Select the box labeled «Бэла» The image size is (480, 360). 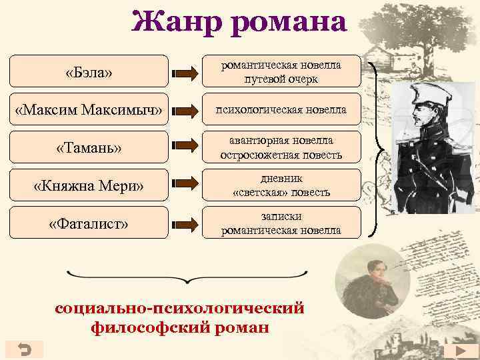pos(89,71)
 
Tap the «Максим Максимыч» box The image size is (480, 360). pos(89,109)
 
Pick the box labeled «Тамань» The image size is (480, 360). pos(89,147)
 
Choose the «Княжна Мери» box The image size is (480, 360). pos(89,185)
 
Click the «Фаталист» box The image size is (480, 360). pos(89,223)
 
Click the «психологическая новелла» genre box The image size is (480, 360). pos(281,109)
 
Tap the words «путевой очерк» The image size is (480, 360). pos(281,78)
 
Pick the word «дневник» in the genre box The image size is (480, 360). pos(281,179)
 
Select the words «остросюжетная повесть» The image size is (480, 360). pos(281,154)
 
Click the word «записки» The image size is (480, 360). pos(281,217)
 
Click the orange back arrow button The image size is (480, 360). pos(23,349)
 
